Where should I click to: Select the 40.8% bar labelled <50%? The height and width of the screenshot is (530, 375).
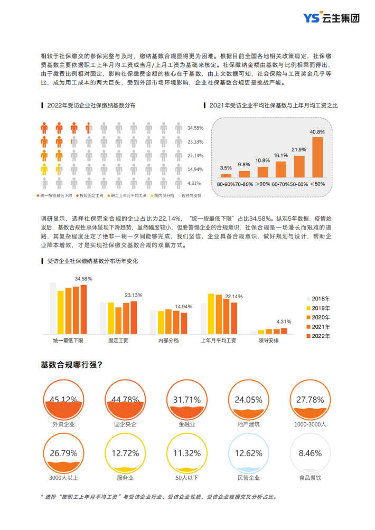pos(317,157)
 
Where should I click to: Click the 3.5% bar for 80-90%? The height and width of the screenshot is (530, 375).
pos(226,175)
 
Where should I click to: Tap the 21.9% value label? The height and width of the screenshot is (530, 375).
pos(299,149)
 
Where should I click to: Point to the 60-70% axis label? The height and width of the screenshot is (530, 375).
pos(280,184)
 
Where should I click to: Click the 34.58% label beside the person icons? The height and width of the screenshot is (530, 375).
pos(195,128)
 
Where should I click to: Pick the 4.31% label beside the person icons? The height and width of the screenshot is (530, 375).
pos(194,183)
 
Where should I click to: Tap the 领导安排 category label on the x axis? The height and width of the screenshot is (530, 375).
pos(268,340)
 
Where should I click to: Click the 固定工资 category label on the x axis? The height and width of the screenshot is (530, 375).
pos(118,340)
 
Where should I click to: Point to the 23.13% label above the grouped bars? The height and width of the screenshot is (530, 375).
pos(133,295)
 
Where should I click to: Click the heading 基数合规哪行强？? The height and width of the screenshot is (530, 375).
pos(71,364)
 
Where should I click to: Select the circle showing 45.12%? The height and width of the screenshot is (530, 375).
pos(63,400)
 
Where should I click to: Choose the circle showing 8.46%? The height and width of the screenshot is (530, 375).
pos(310,453)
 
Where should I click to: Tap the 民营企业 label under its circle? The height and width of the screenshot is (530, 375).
pos(249,478)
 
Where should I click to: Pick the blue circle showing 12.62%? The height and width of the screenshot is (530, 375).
pos(248,453)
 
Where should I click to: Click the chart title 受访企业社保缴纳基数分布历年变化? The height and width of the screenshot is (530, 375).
pos(92,261)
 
